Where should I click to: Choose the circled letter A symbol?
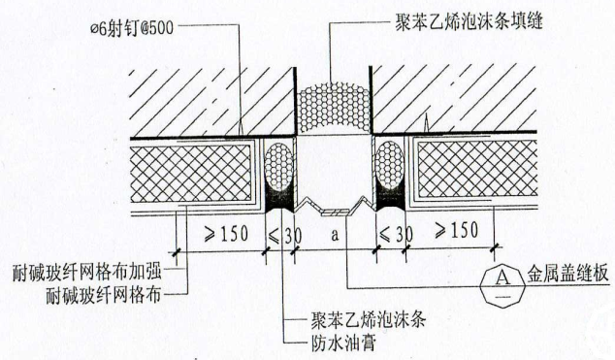pos(501,276)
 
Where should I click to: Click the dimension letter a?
pos(334,234)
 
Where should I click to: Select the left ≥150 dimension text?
pos(215,233)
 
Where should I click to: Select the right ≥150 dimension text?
pos(453,233)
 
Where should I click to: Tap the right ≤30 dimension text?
pos(390,233)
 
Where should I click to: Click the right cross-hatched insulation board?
pos(475,169)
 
